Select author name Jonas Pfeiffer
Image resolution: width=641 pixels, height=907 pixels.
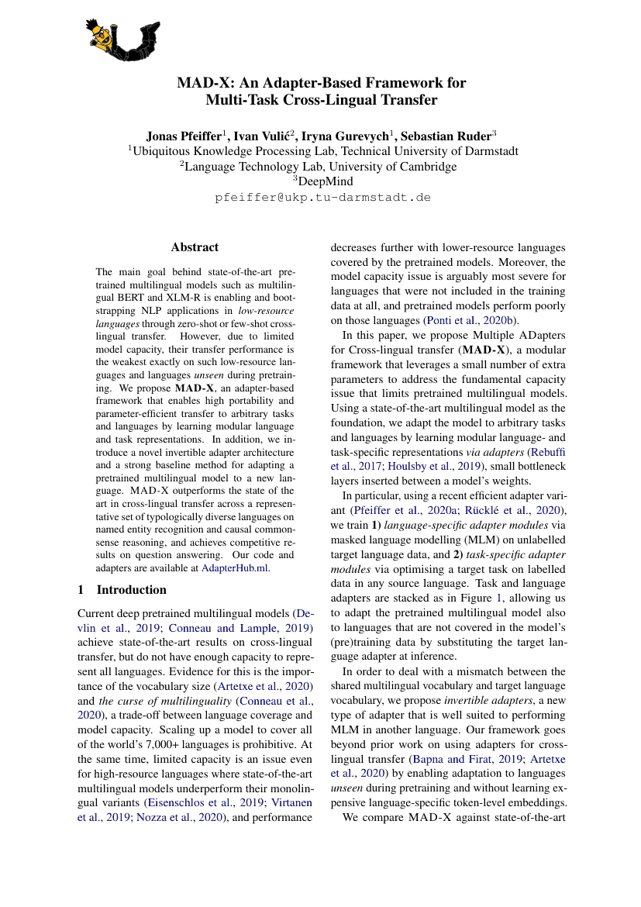(x=184, y=136)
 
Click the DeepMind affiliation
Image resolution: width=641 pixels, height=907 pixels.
(x=323, y=181)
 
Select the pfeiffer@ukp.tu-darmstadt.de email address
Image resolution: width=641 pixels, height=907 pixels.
(x=322, y=198)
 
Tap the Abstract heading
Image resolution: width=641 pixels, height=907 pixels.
(x=195, y=247)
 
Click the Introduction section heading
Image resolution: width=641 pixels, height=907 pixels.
(x=131, y=589)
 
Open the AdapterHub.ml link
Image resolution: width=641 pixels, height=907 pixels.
(x=235, y=567)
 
